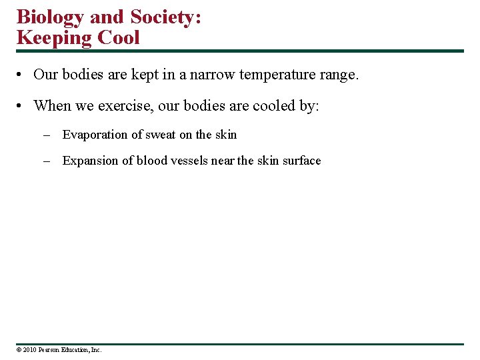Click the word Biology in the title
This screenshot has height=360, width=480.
47,17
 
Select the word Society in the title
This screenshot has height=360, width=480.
162,17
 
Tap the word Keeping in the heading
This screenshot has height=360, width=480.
54,37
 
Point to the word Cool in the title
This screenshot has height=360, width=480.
119,37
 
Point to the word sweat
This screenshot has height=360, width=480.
161,135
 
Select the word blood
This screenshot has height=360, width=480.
152,161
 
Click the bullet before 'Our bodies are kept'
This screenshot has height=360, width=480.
22,75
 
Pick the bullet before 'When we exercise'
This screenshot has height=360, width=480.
22,106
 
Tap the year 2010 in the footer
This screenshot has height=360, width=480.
29,349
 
